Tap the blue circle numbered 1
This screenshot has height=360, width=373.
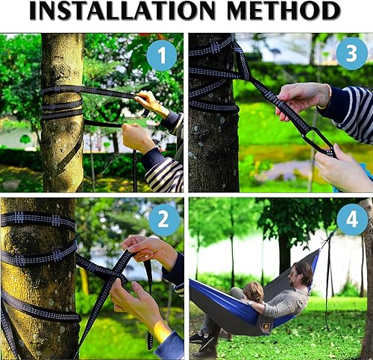(162, 55)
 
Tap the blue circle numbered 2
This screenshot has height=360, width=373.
(164, 221)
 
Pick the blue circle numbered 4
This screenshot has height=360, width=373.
(352, 219)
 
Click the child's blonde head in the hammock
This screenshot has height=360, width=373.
(253, 291)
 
